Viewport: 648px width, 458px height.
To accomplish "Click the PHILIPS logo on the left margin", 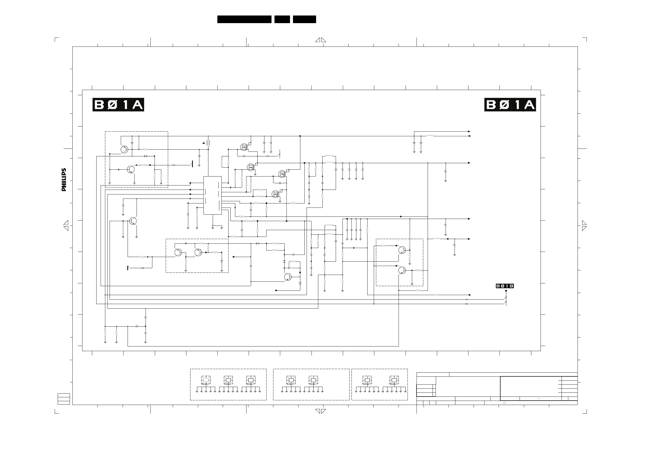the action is point(64,180).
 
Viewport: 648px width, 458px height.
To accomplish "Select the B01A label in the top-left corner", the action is point(118,105).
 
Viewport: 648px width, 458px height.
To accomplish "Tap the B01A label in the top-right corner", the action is point(510,105).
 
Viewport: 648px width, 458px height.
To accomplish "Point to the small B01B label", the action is point(505,286).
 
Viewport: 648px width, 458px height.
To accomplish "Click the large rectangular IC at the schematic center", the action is point(212,195).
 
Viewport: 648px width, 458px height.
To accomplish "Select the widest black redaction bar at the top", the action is point(244,19).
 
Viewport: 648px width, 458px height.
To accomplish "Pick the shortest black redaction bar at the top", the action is point(282,19).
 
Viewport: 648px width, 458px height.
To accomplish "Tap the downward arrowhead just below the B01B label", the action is point(506,291).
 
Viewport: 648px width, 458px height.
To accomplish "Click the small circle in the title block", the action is point(504,403).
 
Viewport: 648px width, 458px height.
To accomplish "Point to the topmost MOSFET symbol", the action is point(244,147).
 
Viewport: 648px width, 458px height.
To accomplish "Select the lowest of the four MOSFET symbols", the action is point(276,194).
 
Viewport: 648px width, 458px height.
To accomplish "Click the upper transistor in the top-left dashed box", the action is point(124,149).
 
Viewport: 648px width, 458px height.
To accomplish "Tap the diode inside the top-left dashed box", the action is point(146,156).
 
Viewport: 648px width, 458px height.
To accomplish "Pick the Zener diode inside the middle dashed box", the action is point(221,262).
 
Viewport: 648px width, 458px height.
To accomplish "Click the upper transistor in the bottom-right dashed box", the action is point(402,250).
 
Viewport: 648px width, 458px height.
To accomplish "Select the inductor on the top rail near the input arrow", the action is point(430,136).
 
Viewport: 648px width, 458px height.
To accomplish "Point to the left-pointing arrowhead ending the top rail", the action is point(469,136).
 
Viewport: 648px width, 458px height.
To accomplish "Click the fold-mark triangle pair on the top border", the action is point(321,40).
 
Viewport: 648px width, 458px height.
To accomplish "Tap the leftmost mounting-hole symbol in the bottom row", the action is point(206,380).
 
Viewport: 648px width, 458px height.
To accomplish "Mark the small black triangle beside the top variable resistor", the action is point(204,143).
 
